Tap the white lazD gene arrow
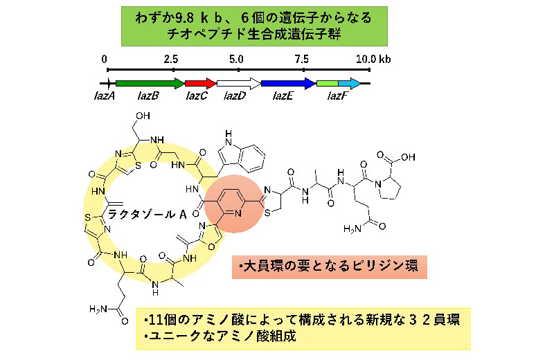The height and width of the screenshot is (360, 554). [239, 84]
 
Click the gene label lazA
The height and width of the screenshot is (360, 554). [105, 96]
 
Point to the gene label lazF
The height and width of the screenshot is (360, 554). [338, 96]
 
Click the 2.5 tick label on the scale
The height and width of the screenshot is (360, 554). [171, 59]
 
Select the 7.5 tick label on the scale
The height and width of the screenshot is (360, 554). [301, 59]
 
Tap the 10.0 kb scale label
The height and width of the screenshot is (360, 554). [373, 59]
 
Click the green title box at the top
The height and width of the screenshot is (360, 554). [254, 26]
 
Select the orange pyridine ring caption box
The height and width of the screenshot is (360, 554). [330, 267]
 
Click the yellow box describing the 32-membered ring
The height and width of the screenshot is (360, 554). [303, 329]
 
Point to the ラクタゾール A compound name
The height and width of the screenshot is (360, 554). [147, 214]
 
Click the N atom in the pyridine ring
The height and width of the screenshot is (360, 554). [238, 213]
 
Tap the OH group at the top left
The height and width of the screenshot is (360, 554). [143, 116]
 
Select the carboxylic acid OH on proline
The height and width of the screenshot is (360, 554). [408, 157]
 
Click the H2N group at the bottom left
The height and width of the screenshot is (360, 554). [98, 309]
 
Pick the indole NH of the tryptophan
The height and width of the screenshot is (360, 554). [229, 138]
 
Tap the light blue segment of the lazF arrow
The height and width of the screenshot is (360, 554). [349, 84]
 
